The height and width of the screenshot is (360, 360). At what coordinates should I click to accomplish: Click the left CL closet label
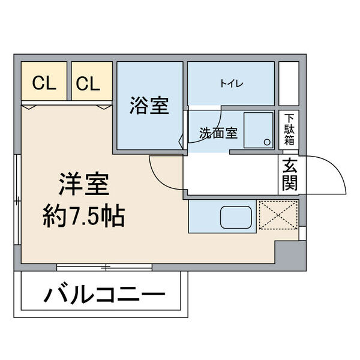pos(44,83)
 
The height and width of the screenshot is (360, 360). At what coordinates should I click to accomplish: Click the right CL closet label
pos(88,83)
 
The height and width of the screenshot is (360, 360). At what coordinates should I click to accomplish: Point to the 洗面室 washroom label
pos(218,133)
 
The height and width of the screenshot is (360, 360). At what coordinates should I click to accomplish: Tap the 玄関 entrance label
pos(289,173)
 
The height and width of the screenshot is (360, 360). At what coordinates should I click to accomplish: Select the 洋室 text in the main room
pos(83,184)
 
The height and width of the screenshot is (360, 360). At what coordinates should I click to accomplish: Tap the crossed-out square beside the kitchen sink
pos(277,215)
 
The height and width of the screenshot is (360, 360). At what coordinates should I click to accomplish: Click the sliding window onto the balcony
pos(104,266)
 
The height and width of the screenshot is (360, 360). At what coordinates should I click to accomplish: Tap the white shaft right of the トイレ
pos(289,83)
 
